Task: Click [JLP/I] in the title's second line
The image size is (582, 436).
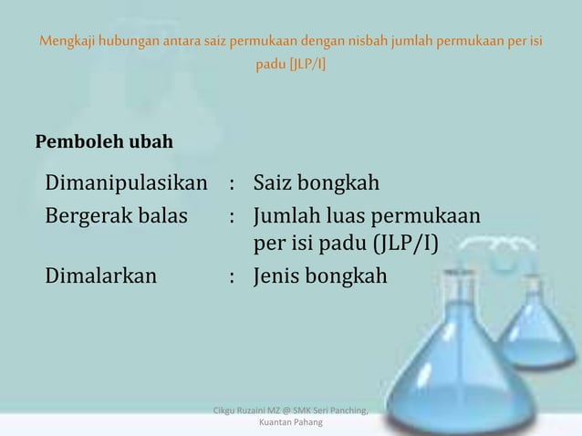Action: point(309,67)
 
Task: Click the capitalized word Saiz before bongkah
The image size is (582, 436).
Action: point(275,186)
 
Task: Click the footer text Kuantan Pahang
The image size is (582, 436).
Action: point(290,423)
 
